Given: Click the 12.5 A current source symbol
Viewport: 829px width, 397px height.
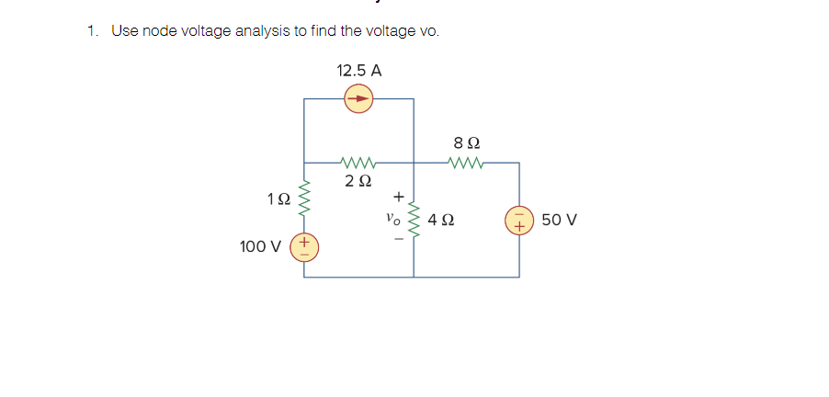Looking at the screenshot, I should pos(359,98).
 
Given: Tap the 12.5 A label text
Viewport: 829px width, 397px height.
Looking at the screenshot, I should pos(359,70).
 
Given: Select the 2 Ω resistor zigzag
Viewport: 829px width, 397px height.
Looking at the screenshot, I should pos(358,163).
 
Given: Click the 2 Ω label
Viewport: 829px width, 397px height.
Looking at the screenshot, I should pos(358,181).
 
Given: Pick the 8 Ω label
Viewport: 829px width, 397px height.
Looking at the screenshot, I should pos(467,143).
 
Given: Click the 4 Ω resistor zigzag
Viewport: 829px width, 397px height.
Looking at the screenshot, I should pos(414,221).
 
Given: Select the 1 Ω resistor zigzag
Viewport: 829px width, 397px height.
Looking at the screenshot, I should pos(304,197).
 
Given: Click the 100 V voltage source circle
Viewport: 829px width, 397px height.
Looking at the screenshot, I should pos(304,246).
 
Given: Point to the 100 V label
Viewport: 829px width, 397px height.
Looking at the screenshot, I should pos(259,246).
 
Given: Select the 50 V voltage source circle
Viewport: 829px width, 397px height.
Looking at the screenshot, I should pos(519,221).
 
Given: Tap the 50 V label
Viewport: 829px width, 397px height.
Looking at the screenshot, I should pos(559,221).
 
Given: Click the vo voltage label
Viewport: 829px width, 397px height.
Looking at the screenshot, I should pos(393,221).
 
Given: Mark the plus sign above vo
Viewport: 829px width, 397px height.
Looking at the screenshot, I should pos(398,197).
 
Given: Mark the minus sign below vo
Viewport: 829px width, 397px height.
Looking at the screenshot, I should pos(398,242).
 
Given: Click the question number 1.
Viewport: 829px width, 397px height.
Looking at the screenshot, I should pos(92,31).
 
